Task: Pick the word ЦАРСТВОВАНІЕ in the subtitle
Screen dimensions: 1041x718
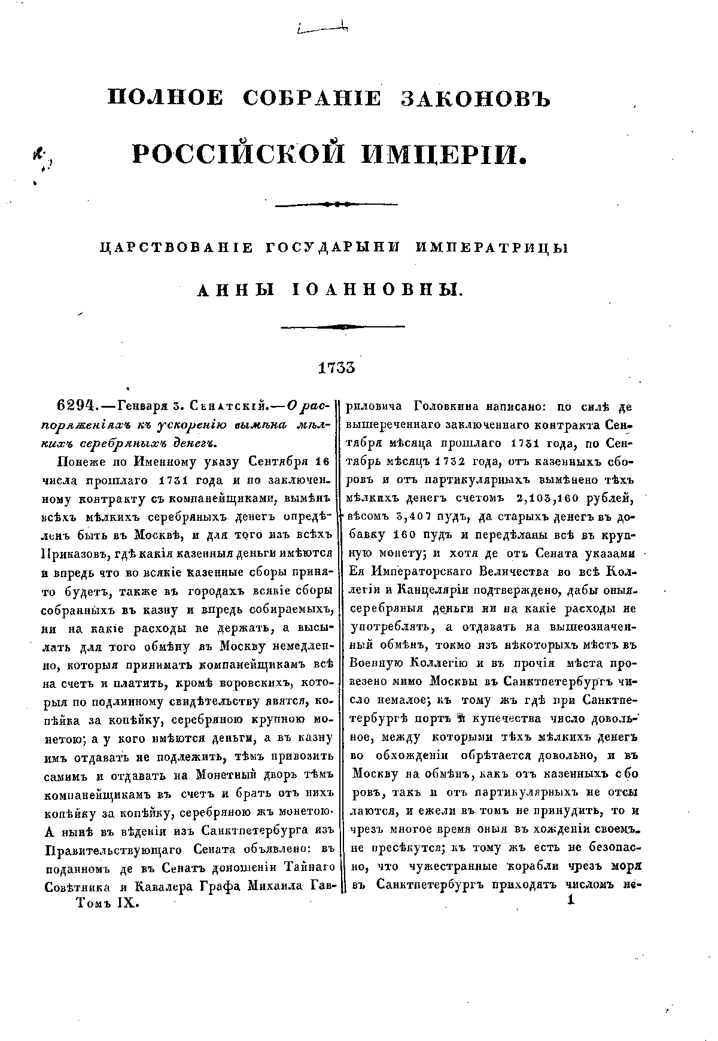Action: coord(171,249)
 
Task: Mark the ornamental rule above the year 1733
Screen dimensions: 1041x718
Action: coord(343,326)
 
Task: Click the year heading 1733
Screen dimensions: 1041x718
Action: coord(336,367)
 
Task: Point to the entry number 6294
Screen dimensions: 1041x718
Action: coord(77,406)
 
